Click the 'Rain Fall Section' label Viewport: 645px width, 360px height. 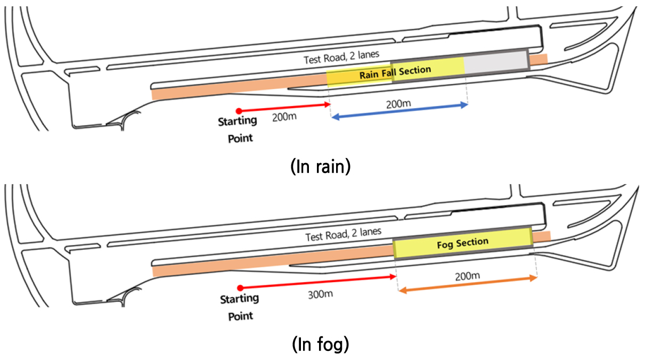coord(395,72)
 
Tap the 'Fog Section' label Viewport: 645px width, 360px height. coord(463,244)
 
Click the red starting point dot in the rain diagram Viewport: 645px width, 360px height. coord(239,111)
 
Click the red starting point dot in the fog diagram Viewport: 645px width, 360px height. coord(240,288)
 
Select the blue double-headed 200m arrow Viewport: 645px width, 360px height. coord(399,111)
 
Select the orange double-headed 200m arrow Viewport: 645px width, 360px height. coord(468,284)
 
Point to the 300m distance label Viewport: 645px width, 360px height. coord(320,294)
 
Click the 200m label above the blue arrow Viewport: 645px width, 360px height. coord(398,104)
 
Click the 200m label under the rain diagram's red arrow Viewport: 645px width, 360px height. coord(284,117)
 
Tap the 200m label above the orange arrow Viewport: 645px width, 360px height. coord(467,276)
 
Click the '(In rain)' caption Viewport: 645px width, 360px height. coord(321,167)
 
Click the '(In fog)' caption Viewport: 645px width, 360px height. coord(321,344)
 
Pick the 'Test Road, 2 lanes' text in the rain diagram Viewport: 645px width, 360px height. coord(341,57)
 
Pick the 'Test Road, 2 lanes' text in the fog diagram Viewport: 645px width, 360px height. coord(344,234)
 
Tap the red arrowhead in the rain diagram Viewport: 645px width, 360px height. coord(327,104)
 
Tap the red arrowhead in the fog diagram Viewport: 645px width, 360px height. coord(393,277)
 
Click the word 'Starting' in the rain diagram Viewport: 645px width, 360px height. coord(238,121)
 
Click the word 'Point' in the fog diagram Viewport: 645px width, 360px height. coord(240,316)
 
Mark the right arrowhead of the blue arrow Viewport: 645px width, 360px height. coord(464,105)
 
